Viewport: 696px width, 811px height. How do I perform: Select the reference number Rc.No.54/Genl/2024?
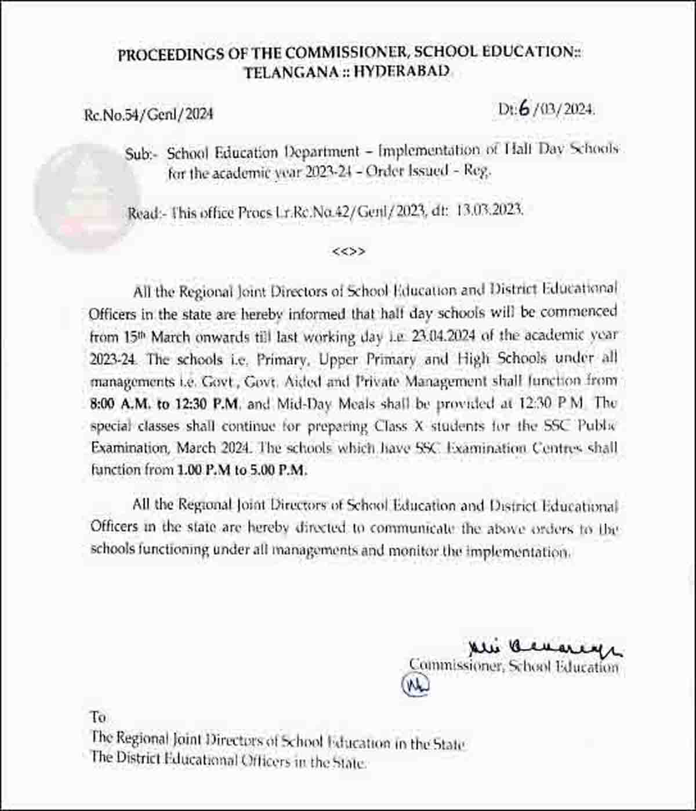click(x=148, y=114)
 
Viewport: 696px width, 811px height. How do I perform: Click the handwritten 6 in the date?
click(x=526, y=109)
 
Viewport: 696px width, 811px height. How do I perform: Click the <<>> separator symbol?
click(x=349, y=251)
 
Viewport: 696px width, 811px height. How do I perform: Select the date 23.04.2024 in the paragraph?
click(x=444, y=336)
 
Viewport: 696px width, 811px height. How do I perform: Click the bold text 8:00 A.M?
click(x=119, y=403)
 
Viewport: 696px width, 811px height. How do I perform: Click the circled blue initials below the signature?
click(x=416, y=685)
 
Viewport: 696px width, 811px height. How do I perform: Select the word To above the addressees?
click(x=98, y=716)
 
